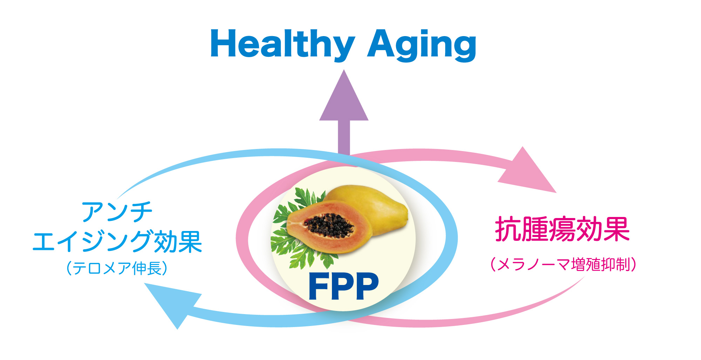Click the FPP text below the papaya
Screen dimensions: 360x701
pyautogui.click(x=343, y=286)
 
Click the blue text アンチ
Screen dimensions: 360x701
pyautogui.click(x=117, y=212)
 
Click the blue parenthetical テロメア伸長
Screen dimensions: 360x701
pyautogui.click(x=117, y=269)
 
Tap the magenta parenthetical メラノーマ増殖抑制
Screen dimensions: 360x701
pyautogui.click(x=563, y=264)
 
